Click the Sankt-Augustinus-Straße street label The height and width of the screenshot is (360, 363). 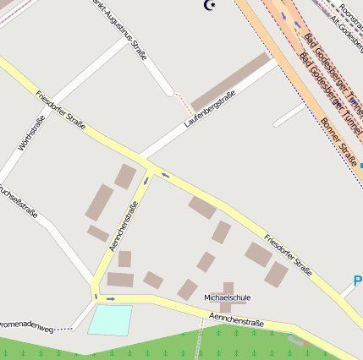click(118, 30)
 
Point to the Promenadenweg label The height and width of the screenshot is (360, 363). click(25, 324)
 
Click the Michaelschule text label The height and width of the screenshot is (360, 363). click(228, 297)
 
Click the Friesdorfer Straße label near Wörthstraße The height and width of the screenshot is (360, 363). click(61, 109)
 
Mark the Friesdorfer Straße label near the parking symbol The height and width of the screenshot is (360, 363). click(288, 254)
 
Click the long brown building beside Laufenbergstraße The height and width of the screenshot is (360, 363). click(228, 82)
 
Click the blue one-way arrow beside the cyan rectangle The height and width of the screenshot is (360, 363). click(111, 298)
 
